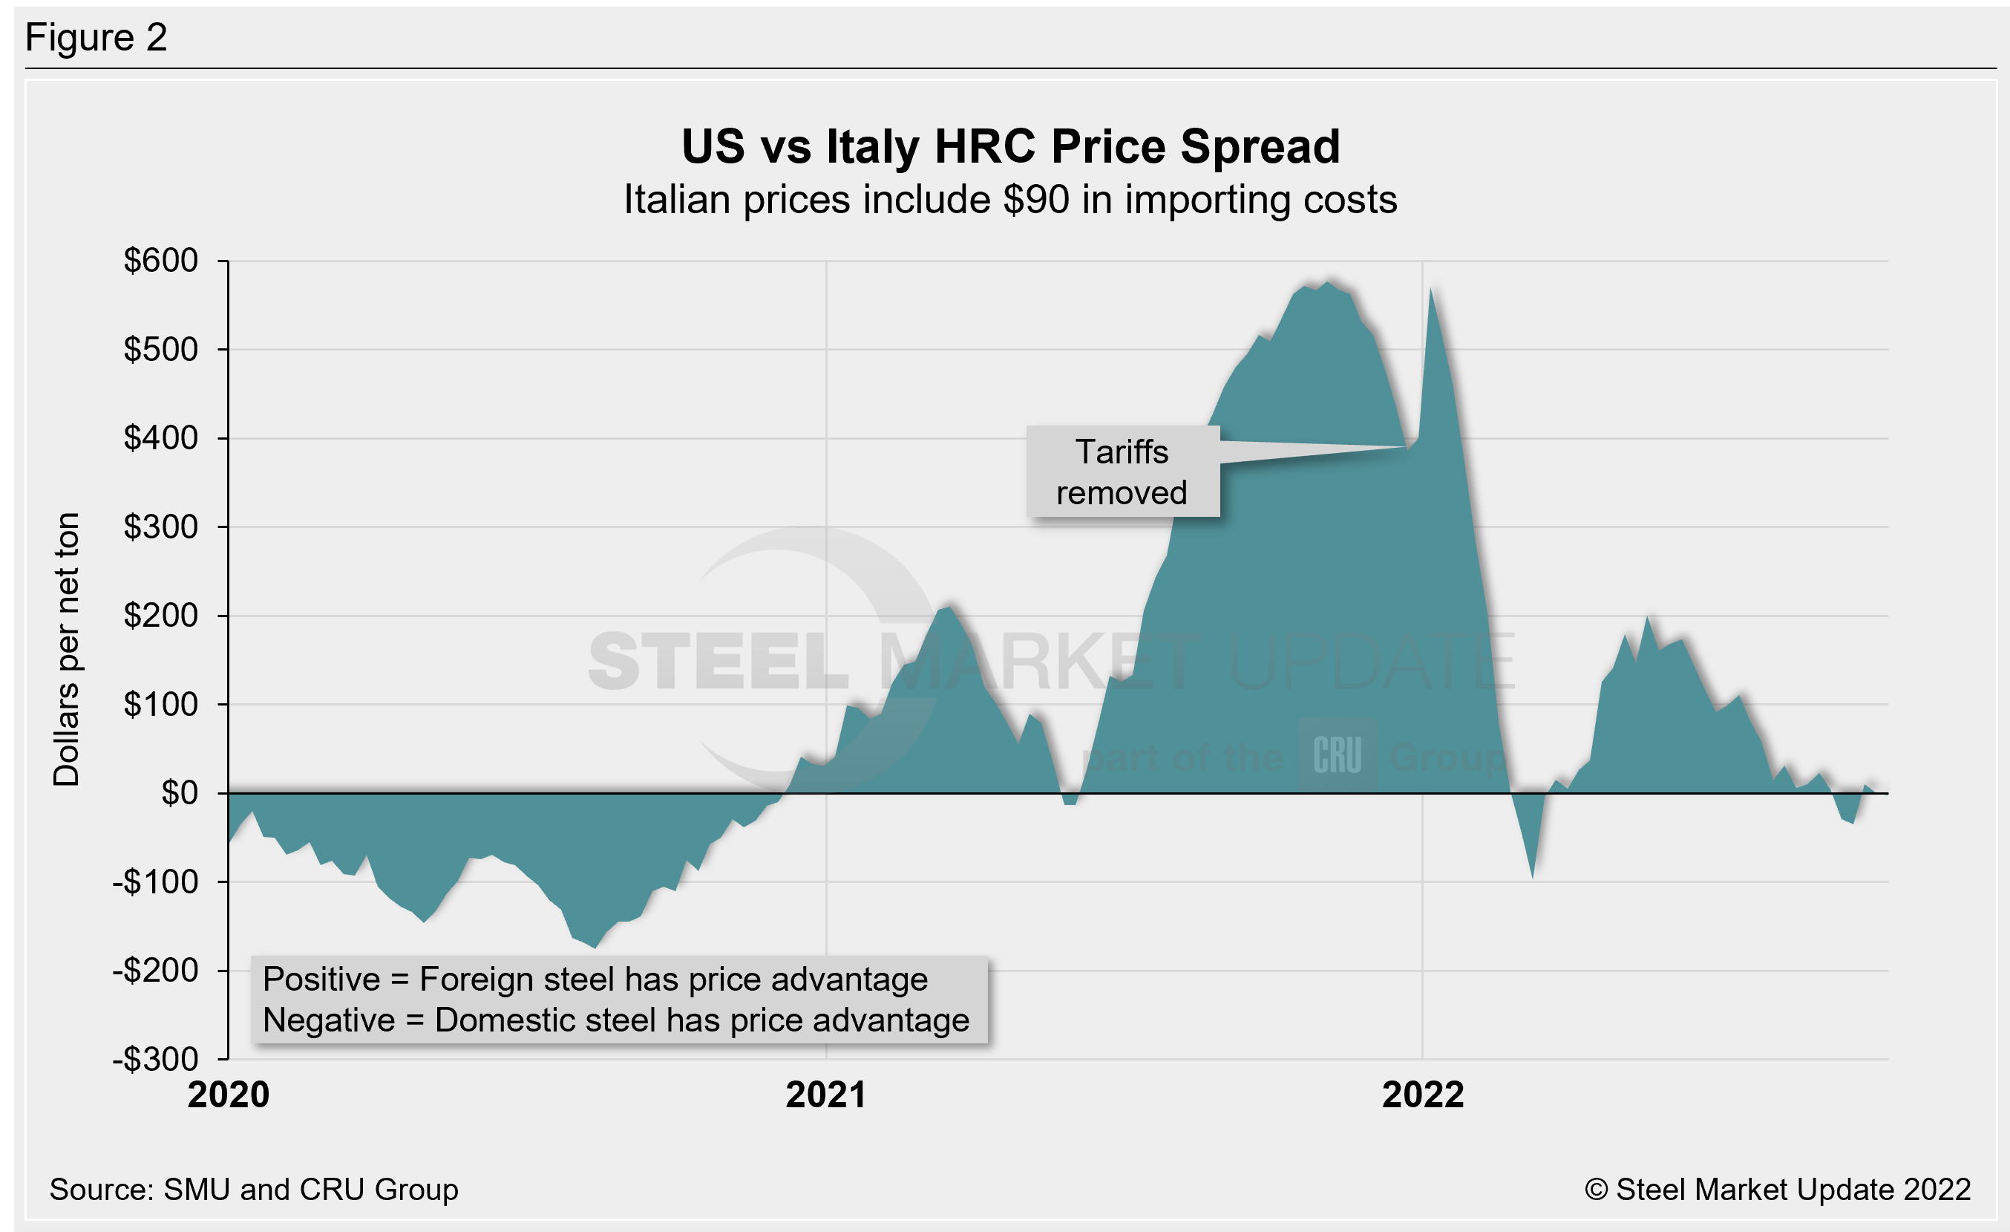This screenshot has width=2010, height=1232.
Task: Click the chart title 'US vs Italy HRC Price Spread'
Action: click(1010, 147)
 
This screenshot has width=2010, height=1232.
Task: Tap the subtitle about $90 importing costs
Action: click(1010, 200)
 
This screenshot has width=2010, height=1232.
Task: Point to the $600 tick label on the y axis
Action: click(161, 261)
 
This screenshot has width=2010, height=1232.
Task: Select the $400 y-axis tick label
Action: click(161, 438)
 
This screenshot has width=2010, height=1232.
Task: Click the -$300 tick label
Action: click(156, 1059)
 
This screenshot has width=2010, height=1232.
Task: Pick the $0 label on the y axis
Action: click(180, 793)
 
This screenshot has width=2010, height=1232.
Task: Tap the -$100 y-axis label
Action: click(156, 882)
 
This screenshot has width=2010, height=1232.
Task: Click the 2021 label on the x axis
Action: click(825, 1095)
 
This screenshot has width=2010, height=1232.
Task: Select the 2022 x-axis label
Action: click(1423, 1095)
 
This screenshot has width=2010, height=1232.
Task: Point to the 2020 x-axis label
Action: click(229, 1095)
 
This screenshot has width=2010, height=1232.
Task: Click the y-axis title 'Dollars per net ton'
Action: click(67, 650)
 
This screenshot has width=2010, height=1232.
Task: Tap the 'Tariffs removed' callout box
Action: click(1122, 472)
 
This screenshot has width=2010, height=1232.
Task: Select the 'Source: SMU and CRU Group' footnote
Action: click(254, 1190)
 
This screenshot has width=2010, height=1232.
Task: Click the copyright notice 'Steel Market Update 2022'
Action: click(1778, 1190)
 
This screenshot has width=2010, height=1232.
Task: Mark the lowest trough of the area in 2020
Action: click(595, 948)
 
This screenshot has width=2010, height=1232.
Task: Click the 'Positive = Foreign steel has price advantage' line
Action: click(595, 979)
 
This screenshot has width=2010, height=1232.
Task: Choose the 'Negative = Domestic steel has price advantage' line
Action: click(616, 1020)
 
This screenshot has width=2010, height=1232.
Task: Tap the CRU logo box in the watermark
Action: click(1337, 754)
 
